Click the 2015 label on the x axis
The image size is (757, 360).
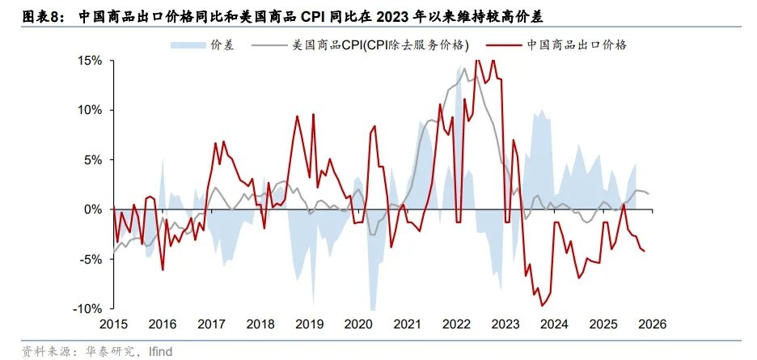pyautogui.click(x=114, y=324)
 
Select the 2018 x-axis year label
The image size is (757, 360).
pyautogui.click(x=260, y=324)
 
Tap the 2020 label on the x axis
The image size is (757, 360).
pyautogui.click(x=357, y=324)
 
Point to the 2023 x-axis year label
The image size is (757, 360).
pyautogui.click(x=505, y=324)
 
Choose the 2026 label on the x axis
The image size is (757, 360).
pyautogui.click(x=651, y=324)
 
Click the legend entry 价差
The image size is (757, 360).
pyautogui.click(x=222, y=45)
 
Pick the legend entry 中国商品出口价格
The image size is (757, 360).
pyautogui.click(x=576, y=45)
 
